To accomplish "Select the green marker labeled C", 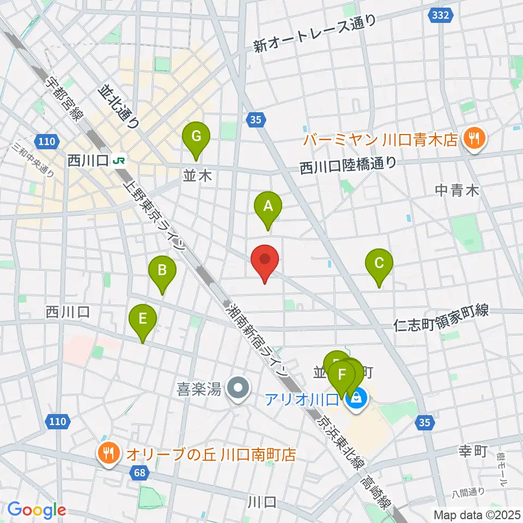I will (379, 263).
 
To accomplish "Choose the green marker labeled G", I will (196, 135).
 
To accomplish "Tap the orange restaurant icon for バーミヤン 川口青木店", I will (475, 139).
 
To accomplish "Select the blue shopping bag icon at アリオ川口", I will (356, 399).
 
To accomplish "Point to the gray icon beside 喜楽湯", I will (238, 388).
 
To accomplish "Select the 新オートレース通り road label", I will (315, 34).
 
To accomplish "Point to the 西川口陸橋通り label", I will (347, 165).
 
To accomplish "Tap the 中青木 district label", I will (457, 190).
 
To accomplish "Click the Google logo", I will (37, 510).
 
